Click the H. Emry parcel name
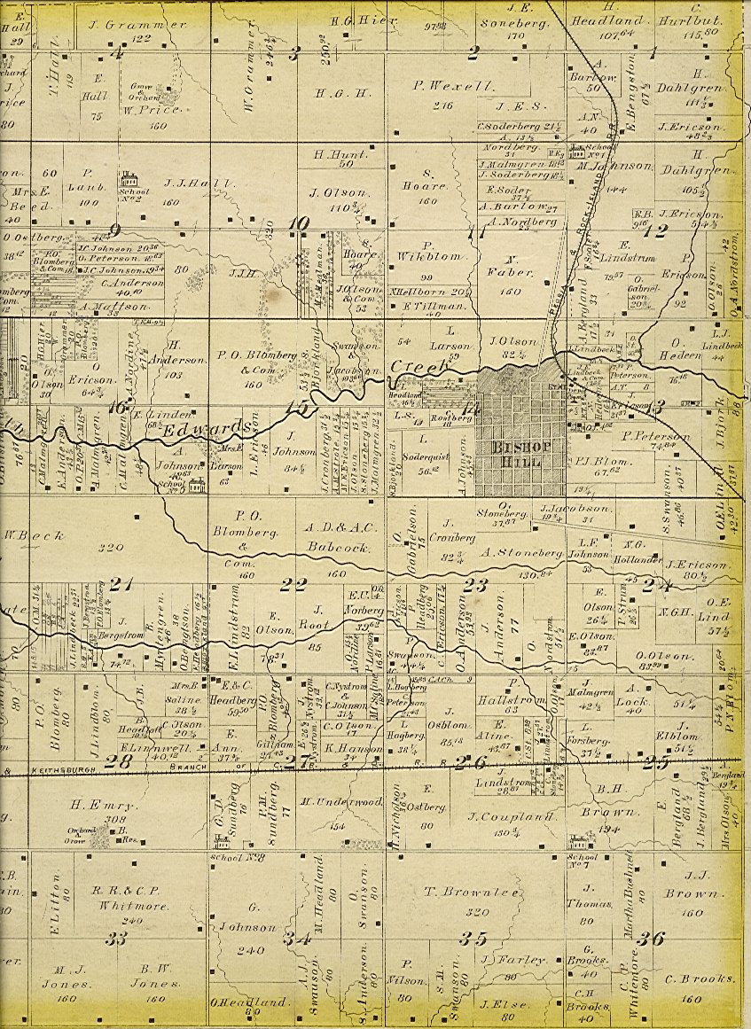tap(110, 806)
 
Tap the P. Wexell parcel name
tap(440, 86)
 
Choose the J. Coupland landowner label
tap(500, 815)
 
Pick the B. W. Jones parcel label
tap(167, 983)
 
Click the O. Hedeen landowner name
tap(681, 341)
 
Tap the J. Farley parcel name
tap(500, 960)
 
